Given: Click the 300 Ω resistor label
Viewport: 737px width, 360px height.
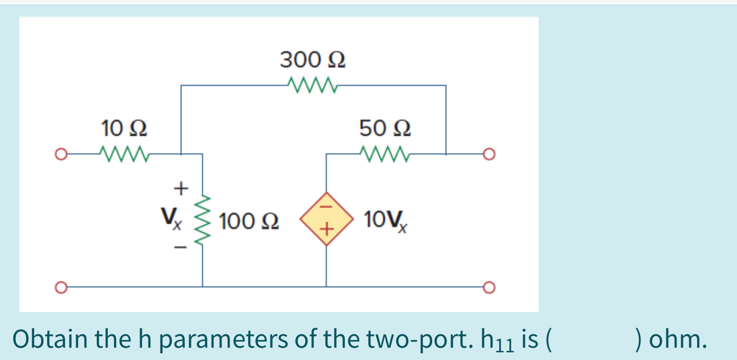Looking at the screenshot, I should (312, 60).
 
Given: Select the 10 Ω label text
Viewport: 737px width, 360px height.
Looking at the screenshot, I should (125, 128).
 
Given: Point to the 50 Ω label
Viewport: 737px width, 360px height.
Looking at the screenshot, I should (385, 128).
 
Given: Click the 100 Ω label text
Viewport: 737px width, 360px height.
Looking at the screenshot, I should (249, 221).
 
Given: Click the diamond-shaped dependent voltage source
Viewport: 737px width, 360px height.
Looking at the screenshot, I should (326, 219).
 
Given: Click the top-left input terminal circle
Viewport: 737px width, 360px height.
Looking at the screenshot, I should (61, 153).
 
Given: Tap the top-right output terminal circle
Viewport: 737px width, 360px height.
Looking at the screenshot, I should (489, 153).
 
